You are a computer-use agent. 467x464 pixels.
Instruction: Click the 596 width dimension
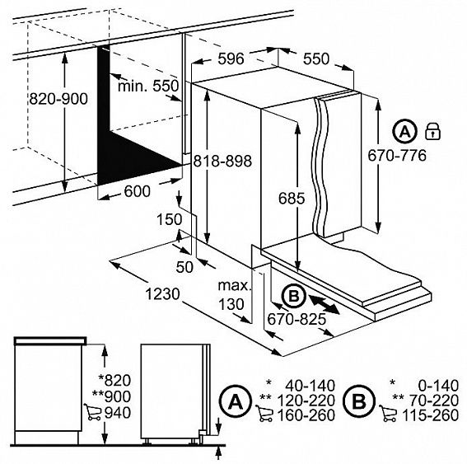[x=231, y=59]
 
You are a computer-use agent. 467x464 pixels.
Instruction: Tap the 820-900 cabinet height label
[x=58, y=99]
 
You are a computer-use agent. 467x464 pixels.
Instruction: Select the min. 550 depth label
[x=148, y=86]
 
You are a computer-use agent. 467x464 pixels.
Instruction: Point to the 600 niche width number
[x=137, y=191]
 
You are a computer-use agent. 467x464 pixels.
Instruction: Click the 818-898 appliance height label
[x=222, y=161]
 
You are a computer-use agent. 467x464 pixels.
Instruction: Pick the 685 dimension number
[x=292, y=198]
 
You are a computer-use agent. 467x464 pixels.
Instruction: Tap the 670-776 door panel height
[x=397, y=156]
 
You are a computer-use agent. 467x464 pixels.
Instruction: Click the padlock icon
[x=433, y=131]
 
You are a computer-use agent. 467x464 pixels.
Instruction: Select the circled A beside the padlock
[x=404, y=131]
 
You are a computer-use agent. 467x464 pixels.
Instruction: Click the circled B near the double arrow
[x=294, y=296]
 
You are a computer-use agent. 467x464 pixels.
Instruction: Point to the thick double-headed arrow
[x=324, y=304]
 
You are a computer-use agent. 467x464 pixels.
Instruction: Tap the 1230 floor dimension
[x=162, y=294]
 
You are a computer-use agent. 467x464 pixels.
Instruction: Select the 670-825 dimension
[x=297, y=320]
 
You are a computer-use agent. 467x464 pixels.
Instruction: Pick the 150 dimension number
[x=169, y=219]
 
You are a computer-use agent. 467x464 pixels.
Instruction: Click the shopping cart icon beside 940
[x=92, y=411]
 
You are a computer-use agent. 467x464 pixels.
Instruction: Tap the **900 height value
[x=112, y=396]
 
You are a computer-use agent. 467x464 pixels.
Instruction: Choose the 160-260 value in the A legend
[x=306, y=415]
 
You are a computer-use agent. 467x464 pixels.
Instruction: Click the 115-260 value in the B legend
[x=430, y=415]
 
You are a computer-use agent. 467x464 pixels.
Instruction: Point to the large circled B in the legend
[x=358, y=401]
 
